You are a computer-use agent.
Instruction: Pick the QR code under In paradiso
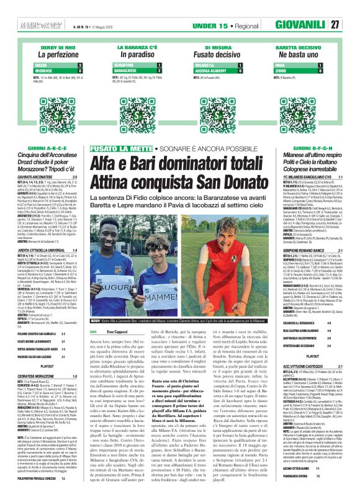138,107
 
